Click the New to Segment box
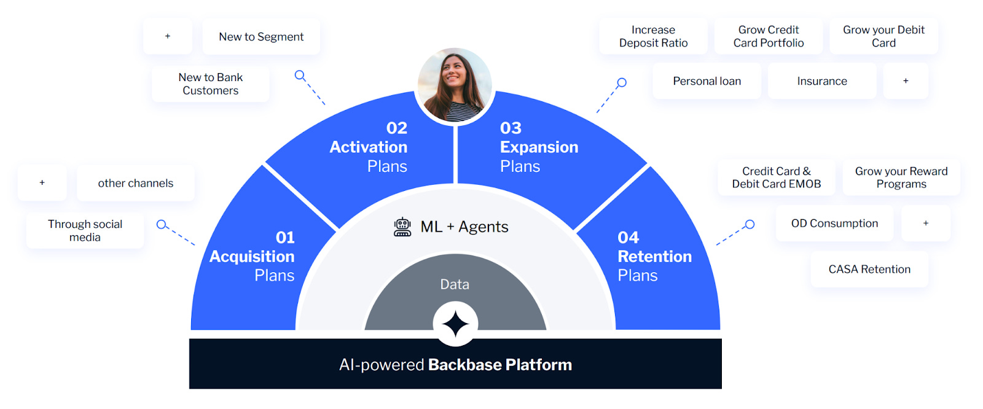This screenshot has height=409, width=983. tap(261, 37)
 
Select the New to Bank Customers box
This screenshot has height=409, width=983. tap(210, 84)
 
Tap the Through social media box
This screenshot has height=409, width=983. tap(85, 231)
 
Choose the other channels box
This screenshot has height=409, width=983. tap(135, 183)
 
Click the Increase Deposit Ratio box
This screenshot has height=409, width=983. tap(653, 36)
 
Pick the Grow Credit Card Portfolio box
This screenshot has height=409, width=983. tap(768, 36)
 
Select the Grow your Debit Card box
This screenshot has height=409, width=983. tap(883, 36)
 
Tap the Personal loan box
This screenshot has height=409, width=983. tap(707, 81)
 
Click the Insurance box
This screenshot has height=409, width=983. tap(821, 81)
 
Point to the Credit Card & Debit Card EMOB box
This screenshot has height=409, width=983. tap(776, 177)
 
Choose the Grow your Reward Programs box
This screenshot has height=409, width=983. tap(901, 177)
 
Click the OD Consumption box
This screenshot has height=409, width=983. tap(834, 224)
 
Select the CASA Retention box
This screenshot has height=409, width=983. tap(869, 270)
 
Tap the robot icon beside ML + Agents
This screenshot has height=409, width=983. tap(402, 227)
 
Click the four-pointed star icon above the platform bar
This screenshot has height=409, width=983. tap(455, 324)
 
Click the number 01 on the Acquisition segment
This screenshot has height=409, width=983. tap(285, 238)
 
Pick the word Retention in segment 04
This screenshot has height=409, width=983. tap(654, 257)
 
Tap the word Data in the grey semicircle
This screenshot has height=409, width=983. tap(455, 284)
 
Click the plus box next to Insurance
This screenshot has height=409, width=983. tap(906, 81)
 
